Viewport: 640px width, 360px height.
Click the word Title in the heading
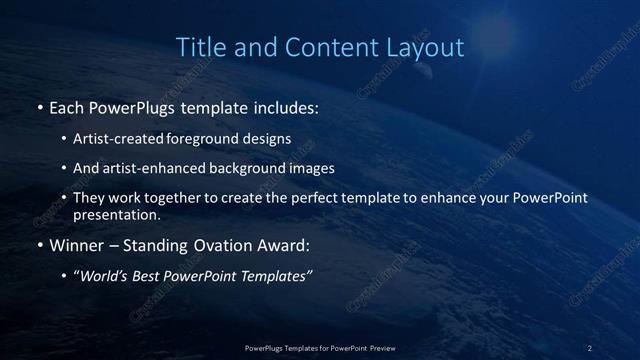(x=198, y=47)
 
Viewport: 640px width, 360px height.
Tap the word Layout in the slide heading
(x=428, y=47)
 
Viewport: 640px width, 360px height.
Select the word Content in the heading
(x=327, y=47)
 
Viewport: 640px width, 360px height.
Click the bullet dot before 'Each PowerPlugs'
(x=39, y=107)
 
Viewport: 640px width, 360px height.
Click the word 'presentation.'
(x=117, y=214)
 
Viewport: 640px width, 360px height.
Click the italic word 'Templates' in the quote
(x=273, y=277)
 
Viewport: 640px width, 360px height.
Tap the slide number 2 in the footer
(x=590, y=348)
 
